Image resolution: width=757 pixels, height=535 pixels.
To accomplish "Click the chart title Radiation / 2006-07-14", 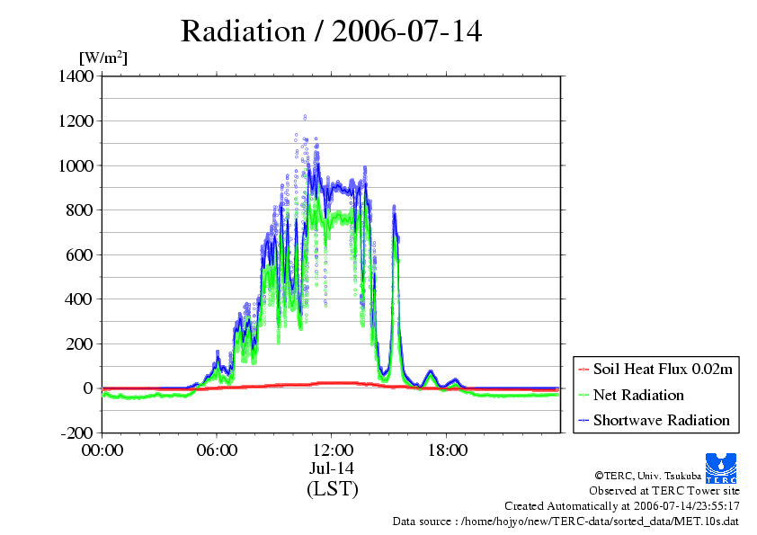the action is coord(331,31).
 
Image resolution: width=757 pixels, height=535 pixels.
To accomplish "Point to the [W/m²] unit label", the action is coord(103,58).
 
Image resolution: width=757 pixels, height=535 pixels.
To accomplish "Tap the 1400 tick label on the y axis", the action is coord(76,76).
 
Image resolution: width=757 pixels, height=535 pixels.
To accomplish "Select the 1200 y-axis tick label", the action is coord(76,120).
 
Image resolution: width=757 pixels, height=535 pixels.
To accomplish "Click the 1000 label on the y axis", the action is coord(76,165).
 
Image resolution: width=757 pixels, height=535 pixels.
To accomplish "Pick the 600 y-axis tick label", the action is coord(80,254).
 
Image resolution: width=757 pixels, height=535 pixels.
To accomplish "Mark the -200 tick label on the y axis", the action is coord(76,432).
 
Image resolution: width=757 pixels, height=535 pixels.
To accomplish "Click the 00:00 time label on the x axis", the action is coord(102,450).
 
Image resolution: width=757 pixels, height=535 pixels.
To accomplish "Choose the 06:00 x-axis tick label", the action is coord(217,450).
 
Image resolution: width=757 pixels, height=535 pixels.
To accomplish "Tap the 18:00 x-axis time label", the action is coord(448,450).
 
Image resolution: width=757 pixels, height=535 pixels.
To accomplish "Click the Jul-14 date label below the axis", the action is coord(332,468).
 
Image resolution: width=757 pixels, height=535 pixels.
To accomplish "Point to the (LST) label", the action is coord(332,488).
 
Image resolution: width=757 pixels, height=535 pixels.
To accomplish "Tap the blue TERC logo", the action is coord(721,468).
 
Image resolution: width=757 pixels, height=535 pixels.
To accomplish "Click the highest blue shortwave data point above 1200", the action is coord(305,117).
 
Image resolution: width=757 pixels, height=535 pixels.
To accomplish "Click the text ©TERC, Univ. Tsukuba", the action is coord(648,476).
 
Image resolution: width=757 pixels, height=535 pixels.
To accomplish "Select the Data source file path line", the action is coord(566,522).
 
